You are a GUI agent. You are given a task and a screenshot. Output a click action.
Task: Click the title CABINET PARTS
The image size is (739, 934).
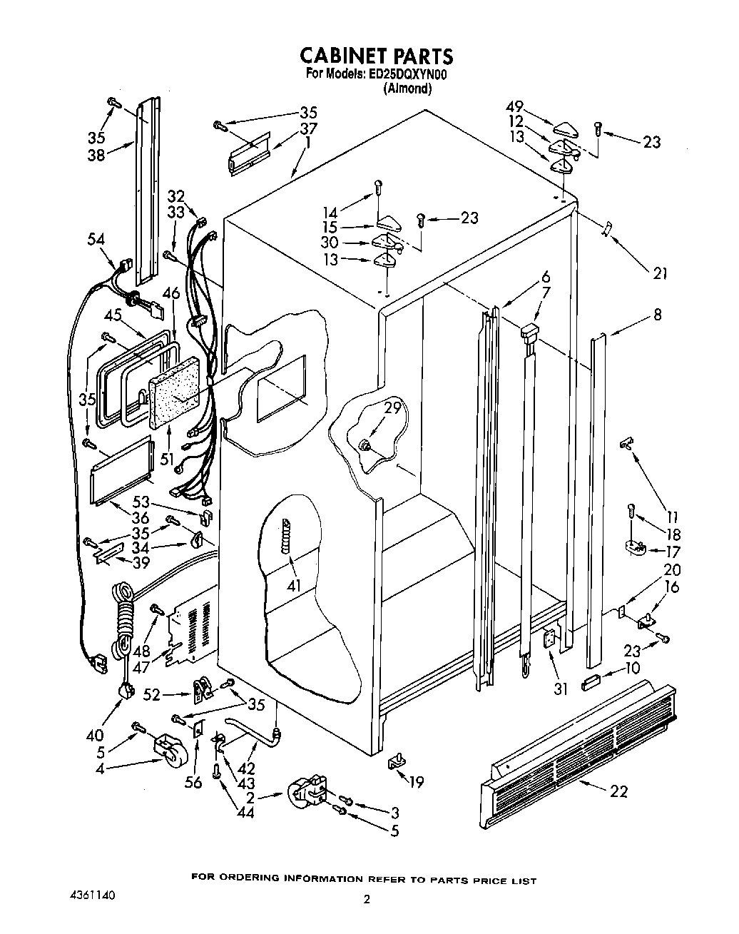pyautogui.click(x=375, y=55)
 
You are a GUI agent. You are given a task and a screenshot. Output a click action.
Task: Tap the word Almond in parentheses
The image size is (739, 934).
pyautogui.click(x=407, y=88)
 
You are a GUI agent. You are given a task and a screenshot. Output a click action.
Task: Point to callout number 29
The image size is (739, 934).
pyautogui.click(x=393, y=409)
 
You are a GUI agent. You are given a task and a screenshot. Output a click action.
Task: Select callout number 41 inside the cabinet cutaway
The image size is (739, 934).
pyautogui.click(x=294, y=586)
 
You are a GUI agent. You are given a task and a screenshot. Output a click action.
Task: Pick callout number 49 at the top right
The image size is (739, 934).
pyautogui.click(x=515, y=108)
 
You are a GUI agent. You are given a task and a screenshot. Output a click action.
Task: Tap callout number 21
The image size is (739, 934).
pyautogui.click(x=660, y=273)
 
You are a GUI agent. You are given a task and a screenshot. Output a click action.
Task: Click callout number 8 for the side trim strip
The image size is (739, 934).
pyautogui.click(x=656, y=313)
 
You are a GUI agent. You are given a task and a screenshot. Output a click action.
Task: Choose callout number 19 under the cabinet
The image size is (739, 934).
pyautogui.click(x=415, y=782)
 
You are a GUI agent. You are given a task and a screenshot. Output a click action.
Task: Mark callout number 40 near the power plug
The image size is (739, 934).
pyautogui.click(x=93, y=734)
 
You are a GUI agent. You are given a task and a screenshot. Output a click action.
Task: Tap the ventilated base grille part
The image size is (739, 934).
pyautogui.click(x=578, y=742)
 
